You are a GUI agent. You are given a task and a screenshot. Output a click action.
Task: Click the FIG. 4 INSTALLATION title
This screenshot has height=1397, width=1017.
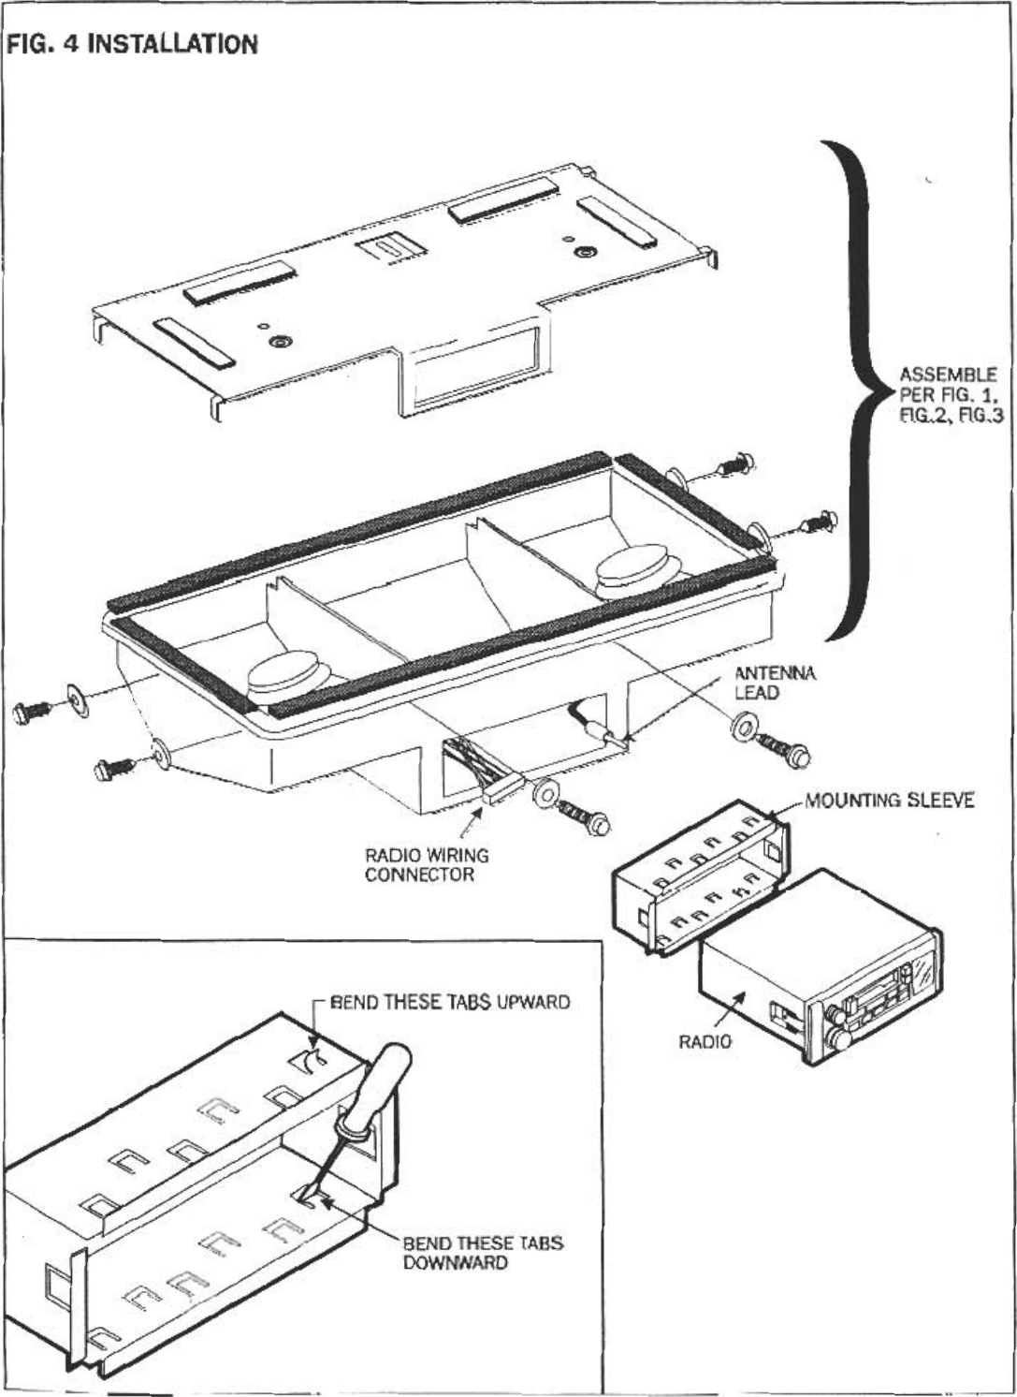click(x=131, y=44)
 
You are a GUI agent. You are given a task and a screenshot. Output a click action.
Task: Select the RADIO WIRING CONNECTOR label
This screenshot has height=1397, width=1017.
click(x=426, y=865)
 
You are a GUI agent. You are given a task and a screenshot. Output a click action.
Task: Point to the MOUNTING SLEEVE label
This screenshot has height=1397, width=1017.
click(x=890, y=800)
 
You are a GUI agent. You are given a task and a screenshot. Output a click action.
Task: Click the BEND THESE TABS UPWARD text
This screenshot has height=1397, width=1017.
click(x=450, y=1002)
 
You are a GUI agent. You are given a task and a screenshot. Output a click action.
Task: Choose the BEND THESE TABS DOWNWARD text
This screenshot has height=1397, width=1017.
click(x=483, y=1253)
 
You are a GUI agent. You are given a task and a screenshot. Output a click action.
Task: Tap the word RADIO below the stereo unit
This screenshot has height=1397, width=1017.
click(x=705, y=1041)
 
